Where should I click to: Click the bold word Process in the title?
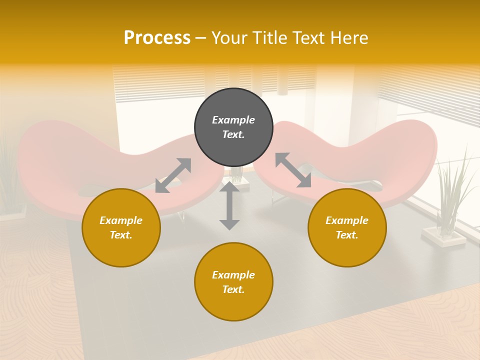tap(157, 38)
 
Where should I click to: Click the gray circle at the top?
tap(233, 127)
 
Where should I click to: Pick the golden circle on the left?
tap(121, 227)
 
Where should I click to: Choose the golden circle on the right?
tap(347, 227)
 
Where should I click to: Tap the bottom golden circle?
tap(233, 281)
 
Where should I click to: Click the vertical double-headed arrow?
tap(229, 205)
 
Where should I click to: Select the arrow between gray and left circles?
tap(173, 175)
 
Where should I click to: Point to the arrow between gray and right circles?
tap(293, 170)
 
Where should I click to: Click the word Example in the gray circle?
tap(233, 120)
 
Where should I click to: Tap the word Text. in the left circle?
tap(121, 235)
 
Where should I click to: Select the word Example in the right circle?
tap(347, 220)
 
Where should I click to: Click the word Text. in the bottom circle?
tap(233, 289)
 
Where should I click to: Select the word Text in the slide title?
tap(309, 38)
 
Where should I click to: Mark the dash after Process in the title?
tap(201, 38)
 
